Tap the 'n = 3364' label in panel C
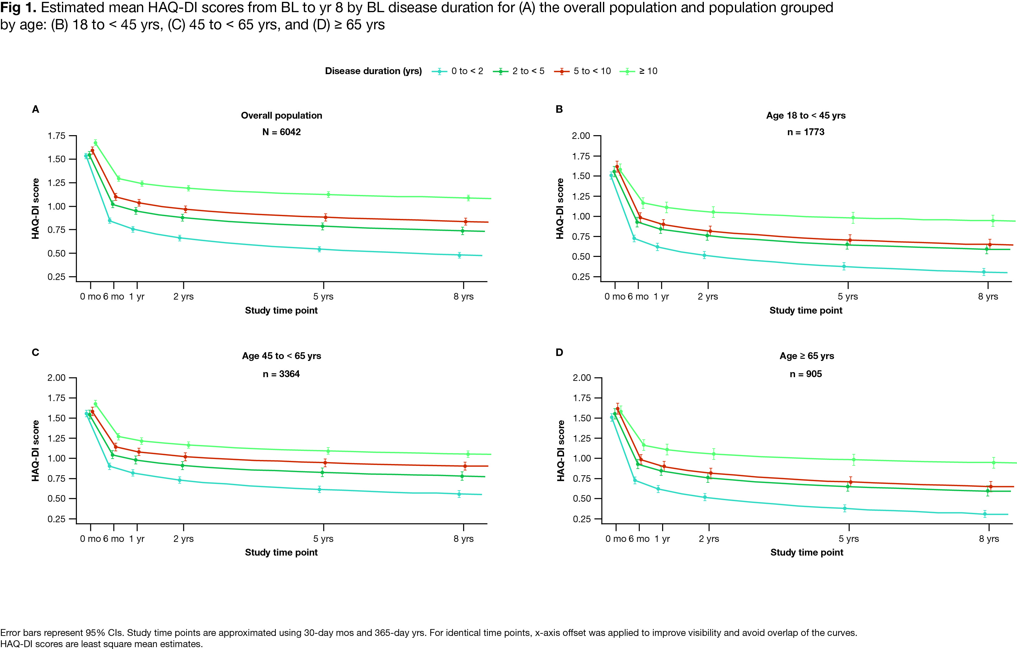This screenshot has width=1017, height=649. point(281,374)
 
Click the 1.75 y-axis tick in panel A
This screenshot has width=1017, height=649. point(57,136)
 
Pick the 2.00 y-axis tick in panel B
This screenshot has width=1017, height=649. point(581,136)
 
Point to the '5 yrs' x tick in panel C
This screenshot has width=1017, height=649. point(323,539)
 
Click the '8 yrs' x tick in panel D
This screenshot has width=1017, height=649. point(989,539)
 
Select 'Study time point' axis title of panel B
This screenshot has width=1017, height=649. point(805,310)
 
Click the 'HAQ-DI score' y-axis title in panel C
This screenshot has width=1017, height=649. point(35,450)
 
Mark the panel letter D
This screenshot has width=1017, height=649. point(559,353)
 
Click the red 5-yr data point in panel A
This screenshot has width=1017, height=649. point(325,217)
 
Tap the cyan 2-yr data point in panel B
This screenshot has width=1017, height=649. point(704,255)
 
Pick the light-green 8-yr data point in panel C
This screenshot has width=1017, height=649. point(468,454)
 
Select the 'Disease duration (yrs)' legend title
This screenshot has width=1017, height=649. point(373,71)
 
